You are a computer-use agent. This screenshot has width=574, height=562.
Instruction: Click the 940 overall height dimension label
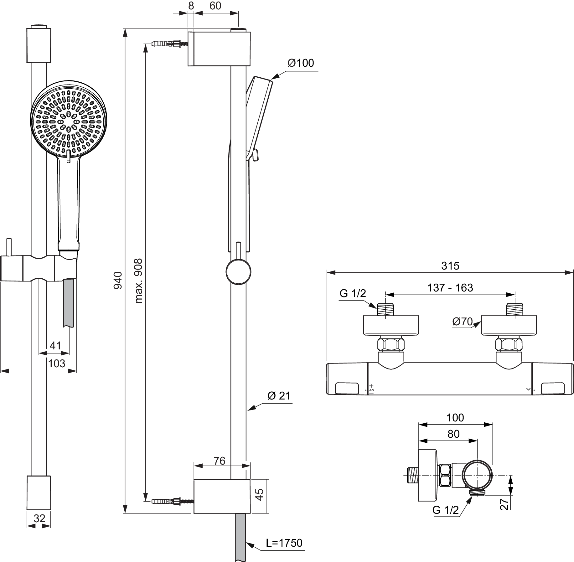pos(118,280)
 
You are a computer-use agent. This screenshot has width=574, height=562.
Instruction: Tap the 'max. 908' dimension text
pos(138,281)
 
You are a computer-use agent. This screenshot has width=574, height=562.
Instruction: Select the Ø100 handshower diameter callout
pos(301,63)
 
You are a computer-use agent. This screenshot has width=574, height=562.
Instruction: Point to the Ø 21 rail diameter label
pos(279,396)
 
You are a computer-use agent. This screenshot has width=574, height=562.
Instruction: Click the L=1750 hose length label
pos(284,543)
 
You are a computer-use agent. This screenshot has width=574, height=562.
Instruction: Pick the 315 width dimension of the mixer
pos(450,266)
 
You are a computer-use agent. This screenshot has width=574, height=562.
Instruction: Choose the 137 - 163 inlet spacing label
pos(450,288)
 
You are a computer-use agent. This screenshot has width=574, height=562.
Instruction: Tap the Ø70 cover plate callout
pos(462,322)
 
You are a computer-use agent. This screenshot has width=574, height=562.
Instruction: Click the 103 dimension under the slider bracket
pos(57,363)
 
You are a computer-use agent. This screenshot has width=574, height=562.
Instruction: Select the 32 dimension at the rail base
pos(39,518)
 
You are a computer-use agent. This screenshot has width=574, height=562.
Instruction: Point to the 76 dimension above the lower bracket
pos(220,461)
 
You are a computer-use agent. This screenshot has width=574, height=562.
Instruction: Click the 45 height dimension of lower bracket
pos(260,494)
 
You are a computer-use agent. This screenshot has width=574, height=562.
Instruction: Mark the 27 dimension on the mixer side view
pos(504,505)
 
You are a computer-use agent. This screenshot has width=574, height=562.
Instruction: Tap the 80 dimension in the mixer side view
pos(453,434)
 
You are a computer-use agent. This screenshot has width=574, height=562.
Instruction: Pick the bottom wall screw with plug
pos(173,501)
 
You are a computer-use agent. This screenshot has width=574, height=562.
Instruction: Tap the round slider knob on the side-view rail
pos(239,272)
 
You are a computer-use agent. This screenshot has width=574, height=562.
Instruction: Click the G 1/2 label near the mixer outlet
pos(445,510)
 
